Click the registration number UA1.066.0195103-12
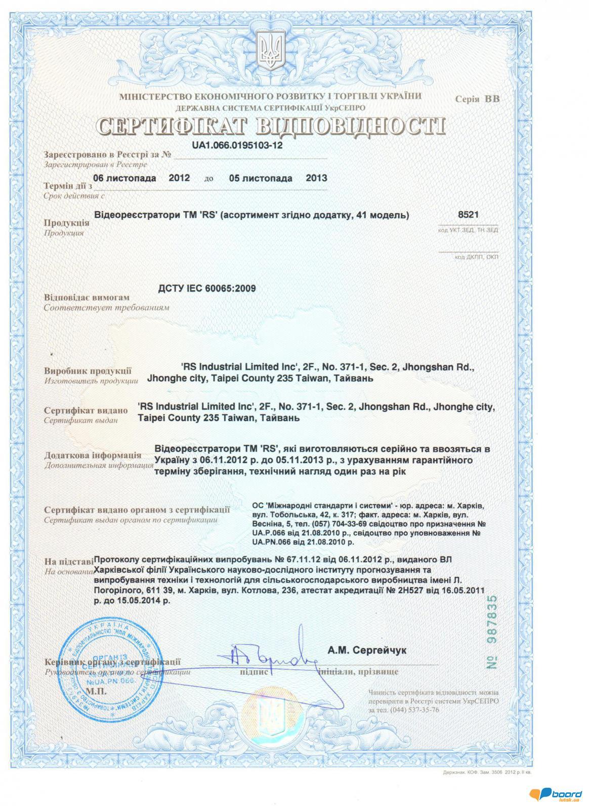point(237,145)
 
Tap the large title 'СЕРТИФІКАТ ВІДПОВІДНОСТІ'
point(271,126)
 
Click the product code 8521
point(468,215)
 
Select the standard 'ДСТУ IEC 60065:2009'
point(207,289)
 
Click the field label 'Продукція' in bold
point(66,223)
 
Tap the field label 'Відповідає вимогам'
point(87,298)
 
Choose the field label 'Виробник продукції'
point(88,371)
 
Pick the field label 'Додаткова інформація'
point(93,455)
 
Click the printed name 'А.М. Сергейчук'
point(366,650)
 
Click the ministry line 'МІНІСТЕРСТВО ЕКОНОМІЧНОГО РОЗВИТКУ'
point(270,97)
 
